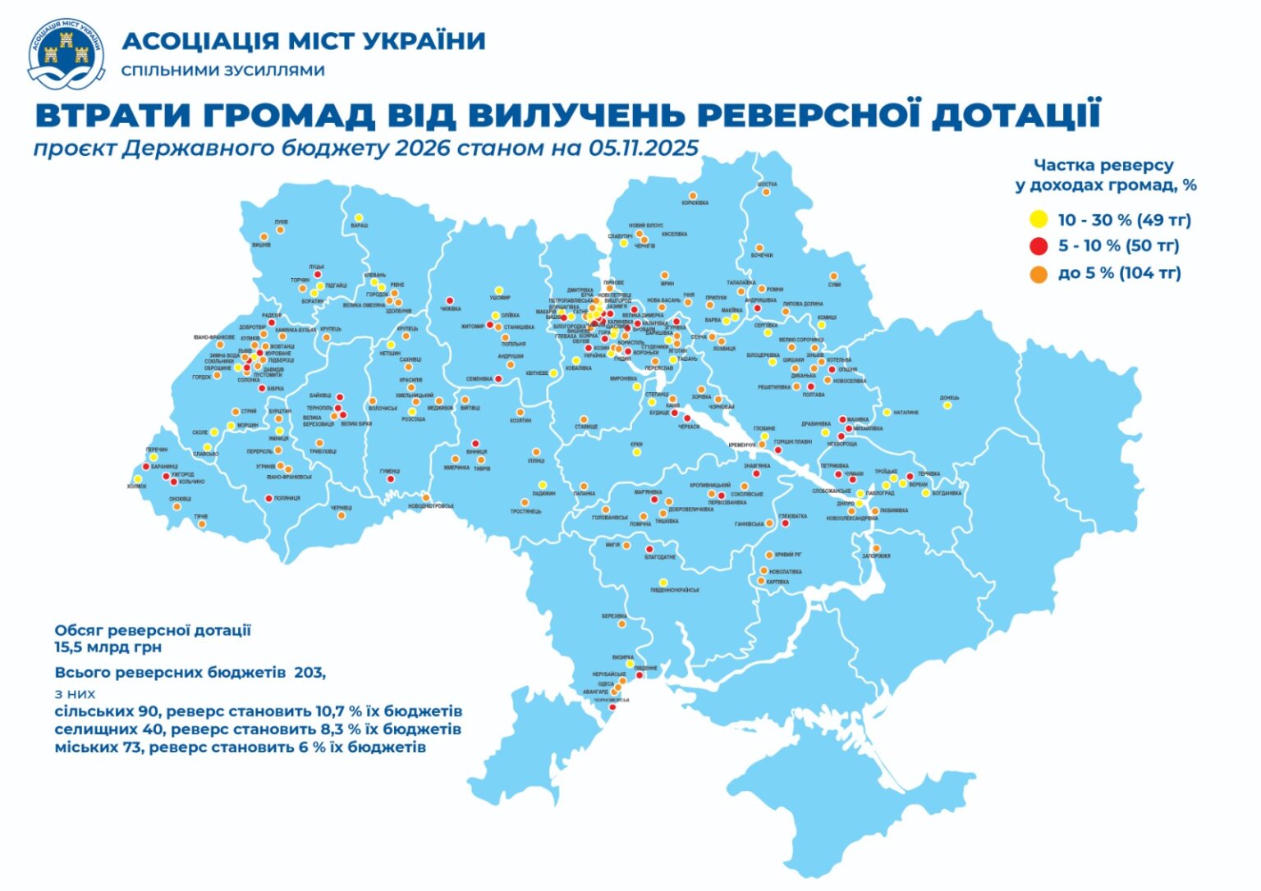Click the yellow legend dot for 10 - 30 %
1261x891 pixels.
[x=1039, y=219]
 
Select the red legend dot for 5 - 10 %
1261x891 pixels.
[x=1039, y=245]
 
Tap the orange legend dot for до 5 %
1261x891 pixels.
[x=1039, y=273]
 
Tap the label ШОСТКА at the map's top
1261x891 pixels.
[x=767, y=185]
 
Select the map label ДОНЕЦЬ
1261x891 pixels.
[x=949, y=398]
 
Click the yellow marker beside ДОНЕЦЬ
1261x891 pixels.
[x=947, y=405]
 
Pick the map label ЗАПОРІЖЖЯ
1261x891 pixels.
[x=876, y=556]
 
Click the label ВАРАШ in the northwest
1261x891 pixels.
[x=360, y=225]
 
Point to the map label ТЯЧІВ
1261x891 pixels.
[x=200, y=517]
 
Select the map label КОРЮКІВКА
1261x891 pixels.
[x=695, y=203]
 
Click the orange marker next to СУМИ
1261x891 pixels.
[x=833, y=276]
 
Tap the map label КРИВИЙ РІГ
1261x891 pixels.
[x=788, y=555]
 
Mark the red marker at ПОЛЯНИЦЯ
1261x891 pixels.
[x=268, y=498]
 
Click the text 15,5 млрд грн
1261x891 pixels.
[x=108, y=647]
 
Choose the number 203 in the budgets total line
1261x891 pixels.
[x=309, y=673]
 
